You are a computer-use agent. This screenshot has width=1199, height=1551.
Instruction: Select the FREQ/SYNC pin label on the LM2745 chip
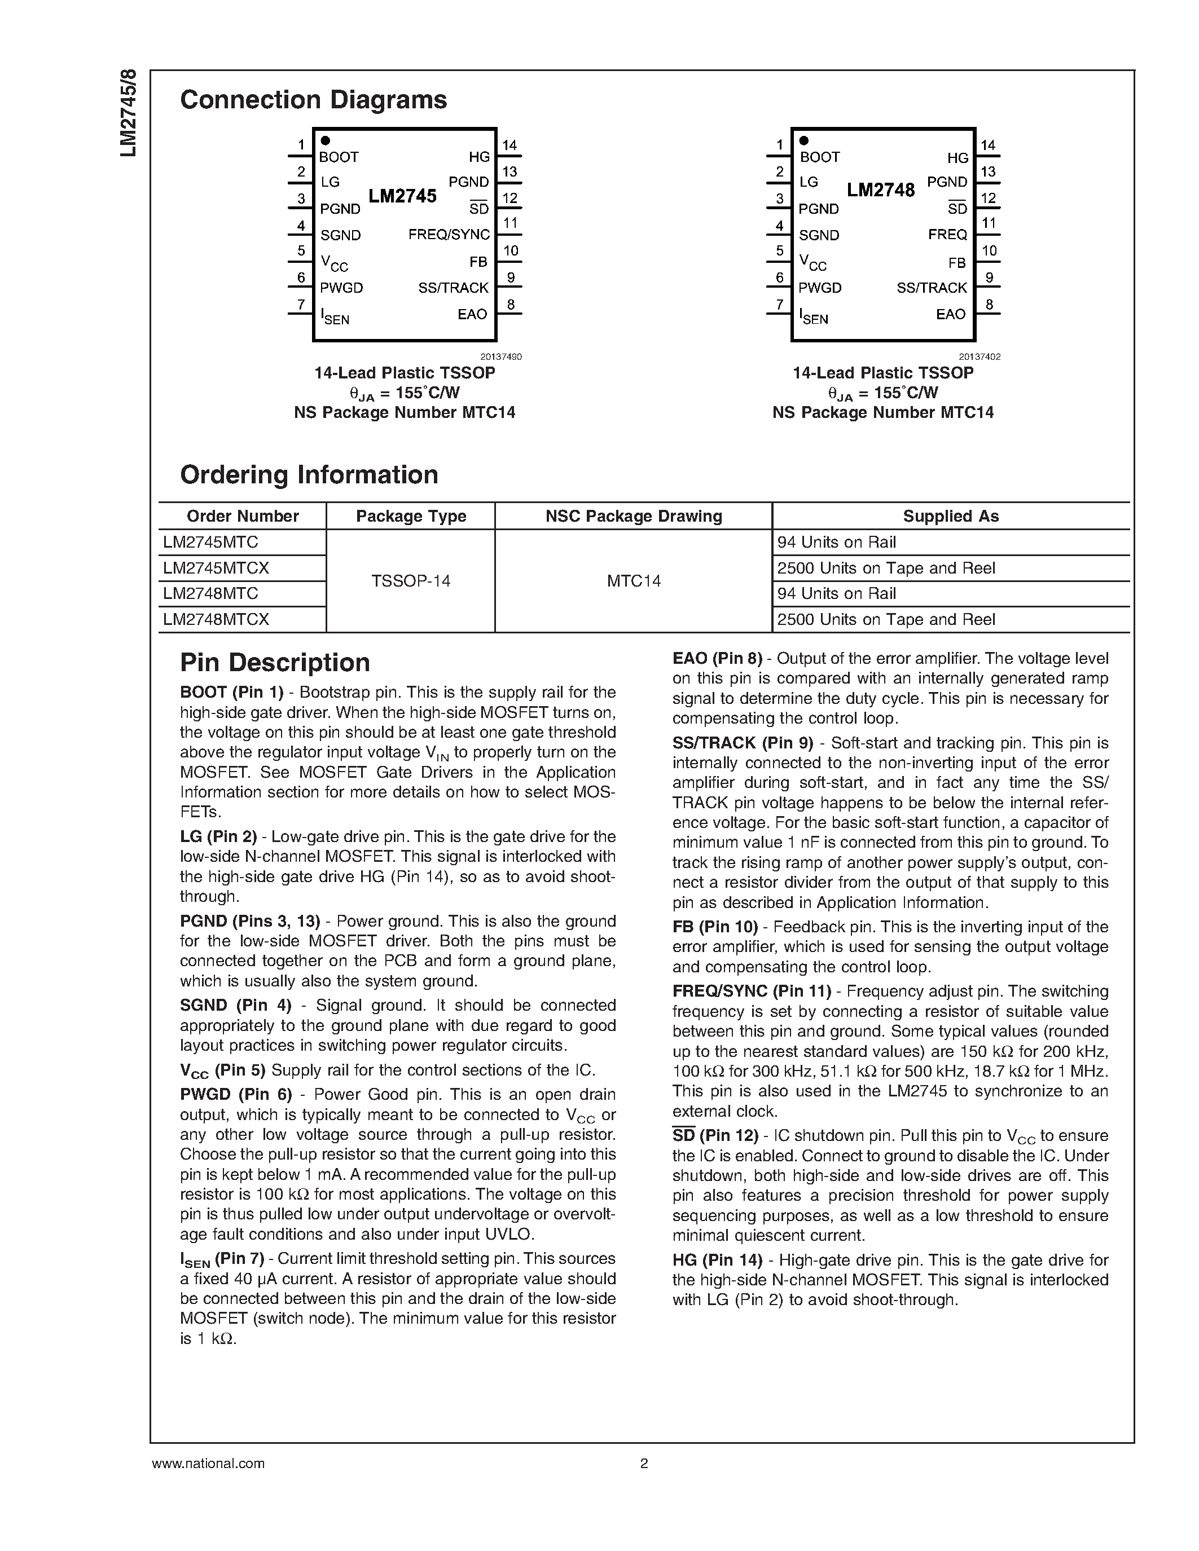click(449, 235)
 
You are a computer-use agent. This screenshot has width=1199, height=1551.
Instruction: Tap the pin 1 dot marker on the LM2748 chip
click(804, 140)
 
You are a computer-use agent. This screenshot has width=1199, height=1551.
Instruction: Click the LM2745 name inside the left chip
click(402, 196)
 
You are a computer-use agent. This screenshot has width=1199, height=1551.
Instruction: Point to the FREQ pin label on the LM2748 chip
click(947, 235)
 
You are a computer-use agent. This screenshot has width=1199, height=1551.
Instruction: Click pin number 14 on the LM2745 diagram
click(510, 146)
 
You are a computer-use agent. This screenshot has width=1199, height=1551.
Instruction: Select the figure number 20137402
click(979, 357)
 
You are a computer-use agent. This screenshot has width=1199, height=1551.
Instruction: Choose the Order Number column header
click(242, 516)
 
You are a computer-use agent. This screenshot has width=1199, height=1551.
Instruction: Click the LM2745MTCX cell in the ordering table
click(216, 568)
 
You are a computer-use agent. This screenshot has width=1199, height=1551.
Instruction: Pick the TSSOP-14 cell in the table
click(411, 581)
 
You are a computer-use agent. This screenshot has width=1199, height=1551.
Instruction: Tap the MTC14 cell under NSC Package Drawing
click(634, 581)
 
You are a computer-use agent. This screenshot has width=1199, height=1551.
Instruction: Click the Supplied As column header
click(950, 516)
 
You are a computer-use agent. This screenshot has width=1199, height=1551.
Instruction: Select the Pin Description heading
click(275, 663)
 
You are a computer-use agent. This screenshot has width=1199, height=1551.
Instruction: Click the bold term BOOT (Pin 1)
click(231, 693)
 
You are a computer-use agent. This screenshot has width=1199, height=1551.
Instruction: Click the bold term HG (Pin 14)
click(717, 1261)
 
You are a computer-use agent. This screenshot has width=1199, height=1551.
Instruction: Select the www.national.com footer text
click(208, 1464)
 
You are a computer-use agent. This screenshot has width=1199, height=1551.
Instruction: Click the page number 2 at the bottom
click(644, 1464)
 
